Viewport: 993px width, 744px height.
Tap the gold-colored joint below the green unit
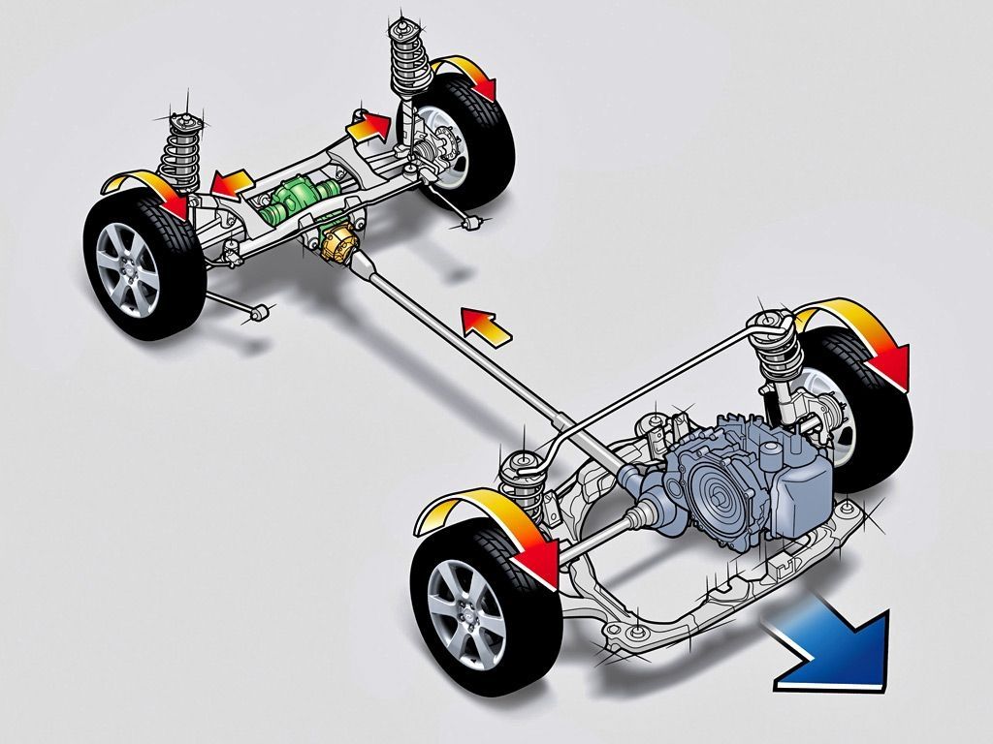[x=336, y=243]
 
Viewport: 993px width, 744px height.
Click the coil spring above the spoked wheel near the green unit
[x=178, y=145]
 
